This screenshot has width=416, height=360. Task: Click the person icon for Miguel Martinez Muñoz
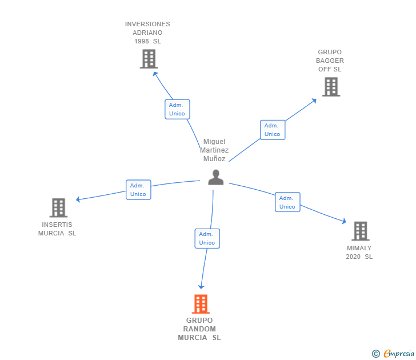pos(215,178)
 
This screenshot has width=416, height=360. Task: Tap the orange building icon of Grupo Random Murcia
pos(201,304)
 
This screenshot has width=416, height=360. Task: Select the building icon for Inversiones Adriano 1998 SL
pos(149,59)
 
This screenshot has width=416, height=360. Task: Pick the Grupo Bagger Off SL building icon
pos(331,87)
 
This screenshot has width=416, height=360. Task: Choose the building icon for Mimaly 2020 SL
pos(360,231)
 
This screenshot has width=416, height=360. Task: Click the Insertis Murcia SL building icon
pos(58,207)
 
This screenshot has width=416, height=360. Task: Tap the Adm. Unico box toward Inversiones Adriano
pos(177,109)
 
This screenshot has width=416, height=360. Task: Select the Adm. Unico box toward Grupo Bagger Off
pos(273,130)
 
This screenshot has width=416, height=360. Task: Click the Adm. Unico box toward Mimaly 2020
pos(287,202)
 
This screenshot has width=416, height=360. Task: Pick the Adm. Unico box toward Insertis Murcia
pos(138,190)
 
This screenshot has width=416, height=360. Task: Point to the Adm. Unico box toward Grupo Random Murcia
pos(207,238)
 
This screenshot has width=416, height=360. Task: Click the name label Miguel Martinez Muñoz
pos(214,150)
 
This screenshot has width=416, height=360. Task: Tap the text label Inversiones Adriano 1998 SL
pos(147,33)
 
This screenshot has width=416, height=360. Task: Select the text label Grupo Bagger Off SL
pos(330,61)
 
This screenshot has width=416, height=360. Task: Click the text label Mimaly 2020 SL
pos(359,253)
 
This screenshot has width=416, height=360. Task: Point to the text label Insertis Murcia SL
pos(57,229)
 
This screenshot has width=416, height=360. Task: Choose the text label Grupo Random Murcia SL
pos(199,329)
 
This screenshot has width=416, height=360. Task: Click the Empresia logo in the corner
pos(398,354)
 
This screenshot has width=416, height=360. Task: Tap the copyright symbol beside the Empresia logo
pos(376,354)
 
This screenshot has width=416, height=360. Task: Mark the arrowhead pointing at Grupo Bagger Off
pos(314,101)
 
